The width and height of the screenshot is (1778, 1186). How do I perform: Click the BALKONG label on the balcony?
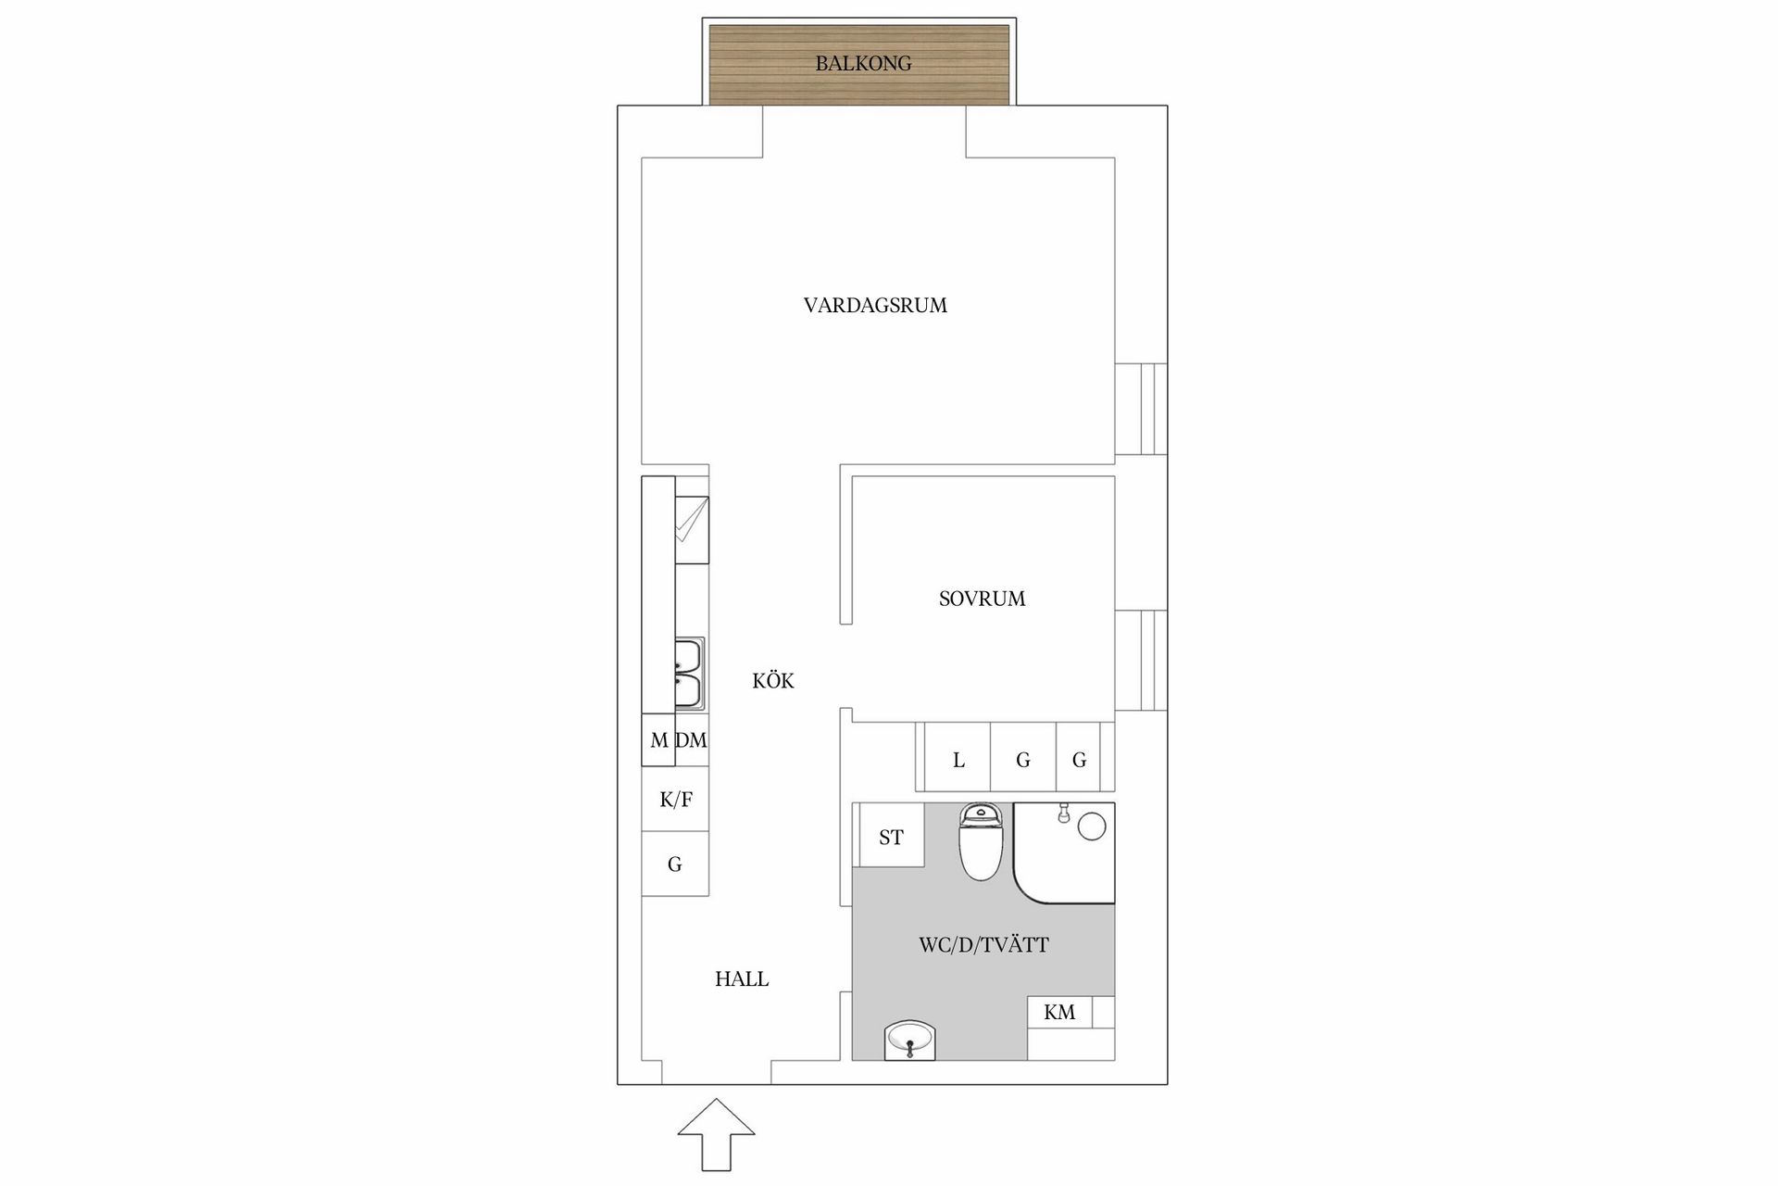(x=863, y=64)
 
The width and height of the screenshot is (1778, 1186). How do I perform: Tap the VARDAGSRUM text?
(x=875, y=306)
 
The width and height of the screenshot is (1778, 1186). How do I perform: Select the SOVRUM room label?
(x=982, y=599)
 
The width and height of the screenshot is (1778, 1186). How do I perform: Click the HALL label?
(x=742, y=979)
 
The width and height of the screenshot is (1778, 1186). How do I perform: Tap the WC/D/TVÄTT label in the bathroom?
(x=983, y=945)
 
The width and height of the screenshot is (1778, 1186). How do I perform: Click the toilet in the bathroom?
(x=981, y=841)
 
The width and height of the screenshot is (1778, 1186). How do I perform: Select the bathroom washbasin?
(x=910, y=1041)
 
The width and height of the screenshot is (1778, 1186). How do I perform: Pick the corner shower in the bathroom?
(x=1064, y=852)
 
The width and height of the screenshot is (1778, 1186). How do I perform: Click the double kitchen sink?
(x=689, y=674)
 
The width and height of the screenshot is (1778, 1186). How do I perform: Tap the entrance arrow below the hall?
(x=716, y=1134)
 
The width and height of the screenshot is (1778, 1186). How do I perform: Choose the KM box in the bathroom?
(x=1059, y=1012)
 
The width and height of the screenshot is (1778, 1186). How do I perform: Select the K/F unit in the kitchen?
(x=676, y=799)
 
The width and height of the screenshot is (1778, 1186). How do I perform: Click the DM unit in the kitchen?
(x=692, y=740)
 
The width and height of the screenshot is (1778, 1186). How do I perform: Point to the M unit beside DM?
(x=658, y=740)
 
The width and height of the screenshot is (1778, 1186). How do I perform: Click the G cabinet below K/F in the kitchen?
(x=676, y=864)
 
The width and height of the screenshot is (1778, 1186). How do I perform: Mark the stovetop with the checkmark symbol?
(x=692, y=530)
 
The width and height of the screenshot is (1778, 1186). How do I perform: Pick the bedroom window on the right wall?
(x=1141, y=661)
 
